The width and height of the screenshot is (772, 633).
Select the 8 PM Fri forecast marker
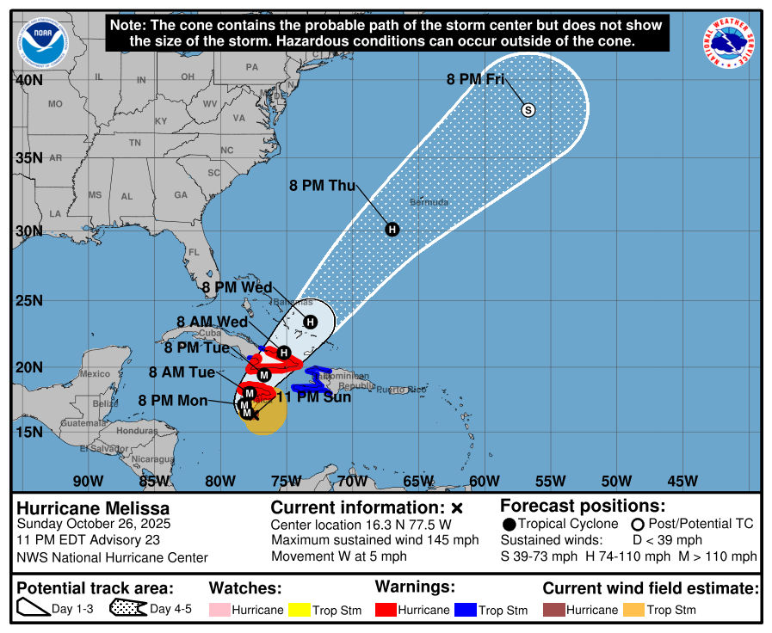click(528, 109)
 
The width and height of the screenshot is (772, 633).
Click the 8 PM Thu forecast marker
click(392, 229)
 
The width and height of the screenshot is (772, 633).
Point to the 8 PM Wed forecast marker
click(311, 322)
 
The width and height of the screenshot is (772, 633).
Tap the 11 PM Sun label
click(313, 397)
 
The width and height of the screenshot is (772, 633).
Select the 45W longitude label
click(682, 480)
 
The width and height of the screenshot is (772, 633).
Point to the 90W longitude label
click(88, 480)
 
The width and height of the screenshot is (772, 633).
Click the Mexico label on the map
click(95, 374)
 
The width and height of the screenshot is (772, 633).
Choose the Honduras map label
click(138, 430)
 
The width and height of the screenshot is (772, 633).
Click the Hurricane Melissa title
click(93, 508)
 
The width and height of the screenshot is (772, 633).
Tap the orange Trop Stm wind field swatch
click(633, 610)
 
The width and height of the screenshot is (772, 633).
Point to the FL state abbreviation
click(194, 253)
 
